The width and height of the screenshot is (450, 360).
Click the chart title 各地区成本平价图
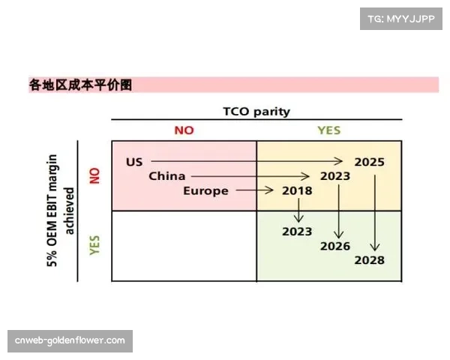click(81, 85)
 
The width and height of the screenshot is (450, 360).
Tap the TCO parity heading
click(256, 111)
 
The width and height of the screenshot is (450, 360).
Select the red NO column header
click(184, 130)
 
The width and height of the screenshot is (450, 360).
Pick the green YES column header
click(328, 130)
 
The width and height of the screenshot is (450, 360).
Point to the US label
click(134, 161)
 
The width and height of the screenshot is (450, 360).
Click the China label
click(166, 176)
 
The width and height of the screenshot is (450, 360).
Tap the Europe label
click(205, 190)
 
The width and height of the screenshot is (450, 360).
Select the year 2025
click(370, 161)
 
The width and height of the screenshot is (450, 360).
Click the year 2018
click(297, 190)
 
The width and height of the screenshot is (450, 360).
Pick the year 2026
click(335, 246)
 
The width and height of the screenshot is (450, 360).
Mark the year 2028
click(370, 260)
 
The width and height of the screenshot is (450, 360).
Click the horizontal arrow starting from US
click(247, 161)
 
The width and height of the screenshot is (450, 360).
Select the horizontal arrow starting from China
click(250, 176)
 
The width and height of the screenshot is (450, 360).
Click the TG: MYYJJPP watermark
click(402, 18)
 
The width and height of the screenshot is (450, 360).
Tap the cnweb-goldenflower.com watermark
click(70, 340)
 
